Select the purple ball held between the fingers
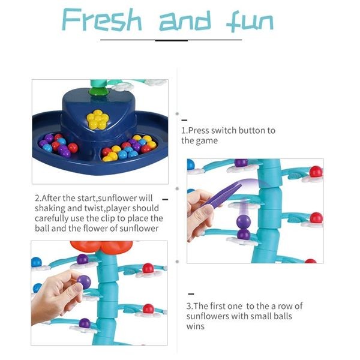click(x=84, y=281)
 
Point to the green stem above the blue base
click(x=94, y=90)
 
